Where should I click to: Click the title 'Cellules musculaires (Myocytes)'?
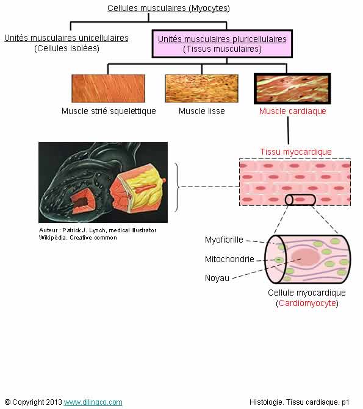tap(168, 8)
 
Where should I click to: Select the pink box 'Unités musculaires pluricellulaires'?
tap(222, 44)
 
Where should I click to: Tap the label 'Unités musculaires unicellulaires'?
tap(66, 38)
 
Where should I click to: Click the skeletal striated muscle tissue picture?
tap(108, 88)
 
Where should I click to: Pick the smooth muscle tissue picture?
tap(201, 88)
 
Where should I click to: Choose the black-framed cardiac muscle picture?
tap(292, 88)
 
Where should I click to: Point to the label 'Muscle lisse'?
tap(201, 111)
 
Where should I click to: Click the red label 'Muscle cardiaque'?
tap(292, 111)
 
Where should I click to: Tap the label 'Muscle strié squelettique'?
tap(109, 111)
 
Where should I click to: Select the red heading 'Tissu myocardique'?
tap(296, 152)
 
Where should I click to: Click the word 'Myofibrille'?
tap(224, 240)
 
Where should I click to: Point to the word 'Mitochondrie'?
tap(229, 259)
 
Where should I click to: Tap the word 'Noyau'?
tap(217, 278)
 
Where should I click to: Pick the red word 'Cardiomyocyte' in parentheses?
tap(307, 303)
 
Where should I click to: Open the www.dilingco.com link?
tap(93, 402)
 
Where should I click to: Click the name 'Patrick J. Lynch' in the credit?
tap(84, 230)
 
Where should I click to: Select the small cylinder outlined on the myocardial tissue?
tap(300, 200)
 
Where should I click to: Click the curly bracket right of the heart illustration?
tap(178, 187)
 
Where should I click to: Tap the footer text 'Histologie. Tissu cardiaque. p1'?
tap(300, 402)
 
